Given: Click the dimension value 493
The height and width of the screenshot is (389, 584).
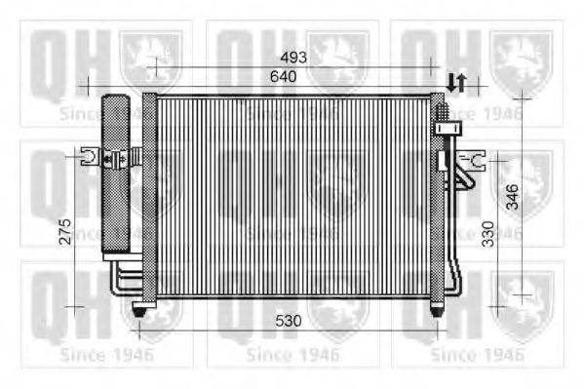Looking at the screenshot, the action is (293, 58).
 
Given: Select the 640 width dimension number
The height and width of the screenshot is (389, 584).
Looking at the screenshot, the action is (284, 76).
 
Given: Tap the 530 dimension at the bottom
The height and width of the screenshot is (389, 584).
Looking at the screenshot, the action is (288, 321).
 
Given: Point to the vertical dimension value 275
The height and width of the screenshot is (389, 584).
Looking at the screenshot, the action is (65, 231).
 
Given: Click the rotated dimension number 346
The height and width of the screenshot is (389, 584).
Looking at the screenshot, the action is (513, 196).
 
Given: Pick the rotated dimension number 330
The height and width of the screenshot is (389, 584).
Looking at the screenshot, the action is (487, 234).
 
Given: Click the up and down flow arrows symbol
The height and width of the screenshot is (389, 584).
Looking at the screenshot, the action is (456, 83).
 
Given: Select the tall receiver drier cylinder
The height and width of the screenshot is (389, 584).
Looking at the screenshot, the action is (116, 174).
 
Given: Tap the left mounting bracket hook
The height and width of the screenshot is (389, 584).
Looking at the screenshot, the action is (90, 156).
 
